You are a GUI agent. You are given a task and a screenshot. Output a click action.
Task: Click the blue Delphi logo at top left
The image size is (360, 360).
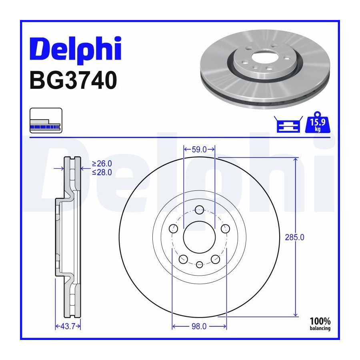75,50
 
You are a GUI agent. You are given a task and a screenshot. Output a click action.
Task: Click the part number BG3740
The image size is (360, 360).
73,80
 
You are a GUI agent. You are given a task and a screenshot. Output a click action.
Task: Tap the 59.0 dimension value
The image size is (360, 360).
199,150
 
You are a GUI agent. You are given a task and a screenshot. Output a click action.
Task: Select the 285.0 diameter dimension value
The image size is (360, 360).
294,237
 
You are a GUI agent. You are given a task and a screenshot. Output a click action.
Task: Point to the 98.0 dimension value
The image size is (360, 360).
199,326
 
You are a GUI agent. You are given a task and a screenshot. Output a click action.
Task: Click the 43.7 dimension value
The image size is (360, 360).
68,326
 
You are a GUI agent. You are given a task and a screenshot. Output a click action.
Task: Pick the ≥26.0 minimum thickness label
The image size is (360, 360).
102,164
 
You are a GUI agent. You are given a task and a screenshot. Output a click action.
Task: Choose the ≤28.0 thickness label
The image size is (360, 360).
102,172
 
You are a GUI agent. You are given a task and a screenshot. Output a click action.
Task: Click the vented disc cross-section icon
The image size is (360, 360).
46,120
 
